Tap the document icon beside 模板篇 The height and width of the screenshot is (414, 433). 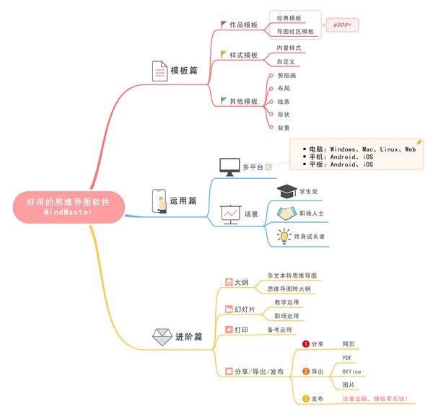pos(159,71)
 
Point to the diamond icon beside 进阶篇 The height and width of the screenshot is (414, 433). pos(160,336)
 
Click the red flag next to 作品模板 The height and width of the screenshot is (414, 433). pos(224,24)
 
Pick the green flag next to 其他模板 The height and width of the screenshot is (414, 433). pos(224,100)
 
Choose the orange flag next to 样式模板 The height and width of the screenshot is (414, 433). pos(224,54)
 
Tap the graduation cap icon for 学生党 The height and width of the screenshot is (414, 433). pos(287,191)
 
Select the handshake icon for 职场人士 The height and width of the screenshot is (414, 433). pos(287,213)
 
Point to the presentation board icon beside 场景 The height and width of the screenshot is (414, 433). pos(231,213)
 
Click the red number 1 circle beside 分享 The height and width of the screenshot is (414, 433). pos(306,344)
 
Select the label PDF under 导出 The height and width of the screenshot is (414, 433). pos(348,358)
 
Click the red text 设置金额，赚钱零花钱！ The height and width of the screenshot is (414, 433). pos(375,399)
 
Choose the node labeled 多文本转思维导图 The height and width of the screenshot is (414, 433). pos(292,276)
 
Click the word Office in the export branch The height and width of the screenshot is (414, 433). pos(351,371)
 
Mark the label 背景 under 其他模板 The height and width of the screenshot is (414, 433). pos(284,128)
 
